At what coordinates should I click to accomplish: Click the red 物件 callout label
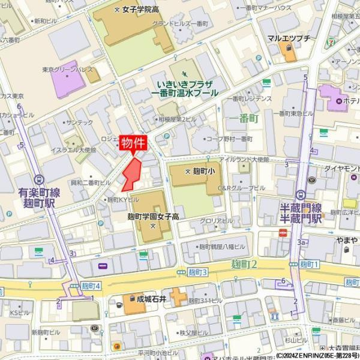point(133,143)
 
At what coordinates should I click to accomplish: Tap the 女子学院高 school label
point(140,10)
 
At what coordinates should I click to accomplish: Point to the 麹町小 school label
point(198,170)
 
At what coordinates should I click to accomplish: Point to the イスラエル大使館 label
point(74,149)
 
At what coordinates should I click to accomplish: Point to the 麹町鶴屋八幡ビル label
point(222,247)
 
